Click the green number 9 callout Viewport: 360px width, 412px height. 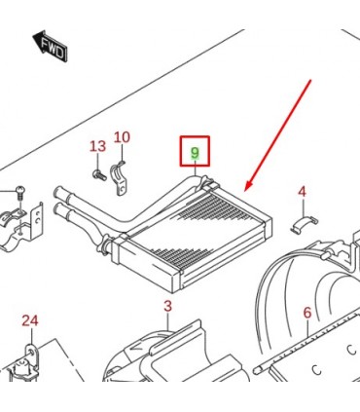(195, 153)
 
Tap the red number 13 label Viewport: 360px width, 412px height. (97, 146)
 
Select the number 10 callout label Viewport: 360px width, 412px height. (122, 137)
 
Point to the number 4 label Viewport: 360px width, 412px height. (302, 192)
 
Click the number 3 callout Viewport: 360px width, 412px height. (167, 306)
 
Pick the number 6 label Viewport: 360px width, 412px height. (307, 313)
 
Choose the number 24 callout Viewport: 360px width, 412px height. (30, 320)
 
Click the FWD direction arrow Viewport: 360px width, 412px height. (51, 46)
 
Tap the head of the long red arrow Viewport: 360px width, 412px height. (247, 186)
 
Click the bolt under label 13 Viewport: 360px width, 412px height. (99, 175)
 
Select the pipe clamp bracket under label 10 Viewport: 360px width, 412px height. (120, 179)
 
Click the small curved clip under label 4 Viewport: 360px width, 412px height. (304, 224)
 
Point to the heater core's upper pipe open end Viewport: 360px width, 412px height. (57, 192)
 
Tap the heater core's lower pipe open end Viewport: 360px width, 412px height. (57, 209)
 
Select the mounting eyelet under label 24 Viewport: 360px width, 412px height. (31, 352)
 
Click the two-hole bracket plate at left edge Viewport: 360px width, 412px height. (38, 221)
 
